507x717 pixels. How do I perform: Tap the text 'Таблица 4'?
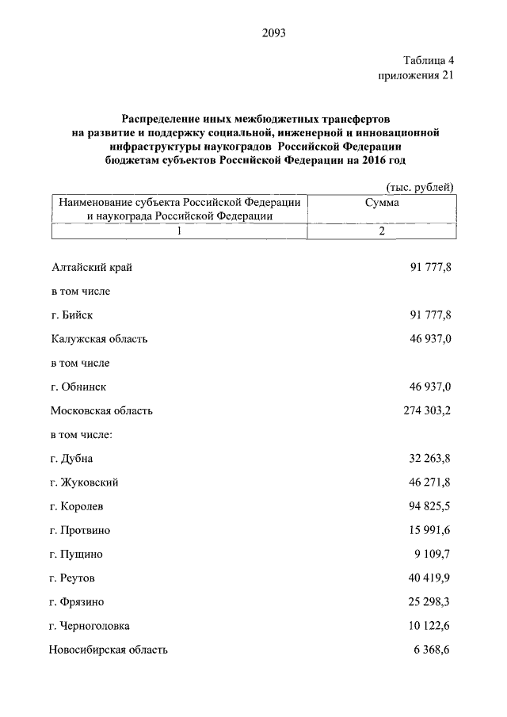(428, 60)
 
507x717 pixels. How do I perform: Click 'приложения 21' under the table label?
(417, 75)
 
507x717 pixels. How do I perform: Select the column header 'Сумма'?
(381, 203)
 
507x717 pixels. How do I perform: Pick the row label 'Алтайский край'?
(91, 267)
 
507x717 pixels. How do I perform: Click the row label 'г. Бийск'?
(71, 315)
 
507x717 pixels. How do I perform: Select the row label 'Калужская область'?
(99, 339)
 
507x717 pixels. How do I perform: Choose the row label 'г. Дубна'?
(71, 459)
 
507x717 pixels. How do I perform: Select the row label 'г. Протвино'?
(79, 530)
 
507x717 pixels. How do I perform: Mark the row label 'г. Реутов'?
(73, 578)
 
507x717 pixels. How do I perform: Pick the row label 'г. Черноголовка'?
(89, 626)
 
